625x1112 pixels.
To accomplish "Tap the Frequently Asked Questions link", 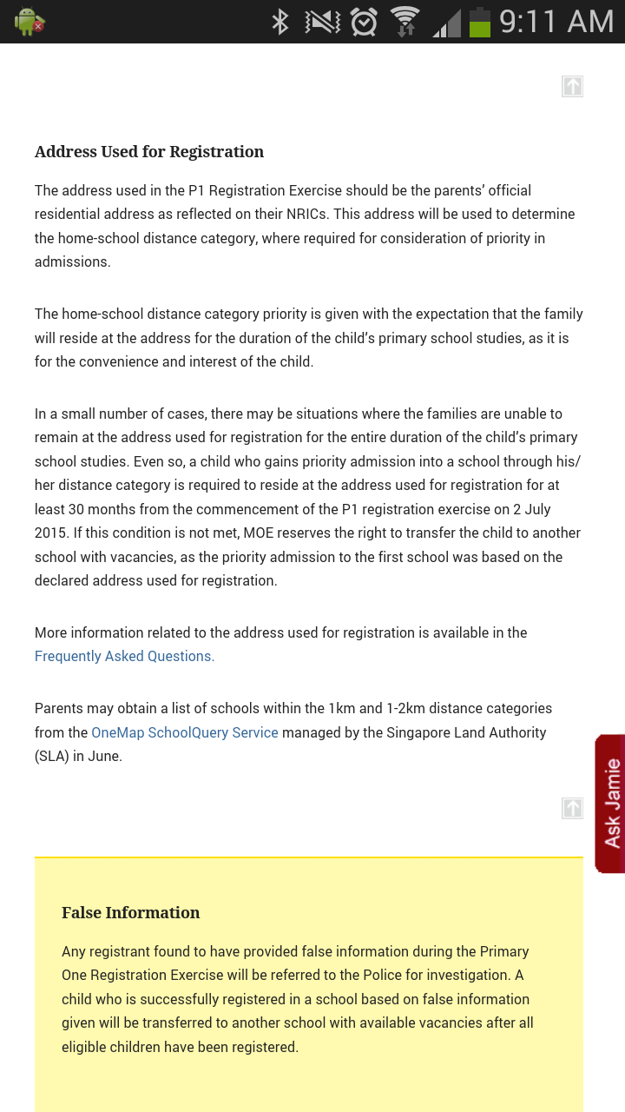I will coord(124,657).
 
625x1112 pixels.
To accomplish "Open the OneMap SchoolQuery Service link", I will coord(185,732).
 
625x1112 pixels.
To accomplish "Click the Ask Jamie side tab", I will coord(610,803).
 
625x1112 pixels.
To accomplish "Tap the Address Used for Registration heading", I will coord(149,152).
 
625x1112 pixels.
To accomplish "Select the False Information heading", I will coord(130,912).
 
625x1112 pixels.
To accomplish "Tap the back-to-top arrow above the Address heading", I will coord(572,86).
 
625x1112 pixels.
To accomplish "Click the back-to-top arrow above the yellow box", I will coord(572,808).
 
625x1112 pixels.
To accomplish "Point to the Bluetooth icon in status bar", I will coord(280,22).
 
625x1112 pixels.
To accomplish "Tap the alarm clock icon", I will coord(364,22).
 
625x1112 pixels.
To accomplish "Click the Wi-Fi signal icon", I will coord(405,22).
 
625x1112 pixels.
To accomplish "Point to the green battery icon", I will coord(479,22).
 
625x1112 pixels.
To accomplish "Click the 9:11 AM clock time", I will coord(556,22).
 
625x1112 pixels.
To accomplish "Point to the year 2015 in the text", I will coord(51,533).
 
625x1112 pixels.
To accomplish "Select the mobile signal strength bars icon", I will coord(446,22).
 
